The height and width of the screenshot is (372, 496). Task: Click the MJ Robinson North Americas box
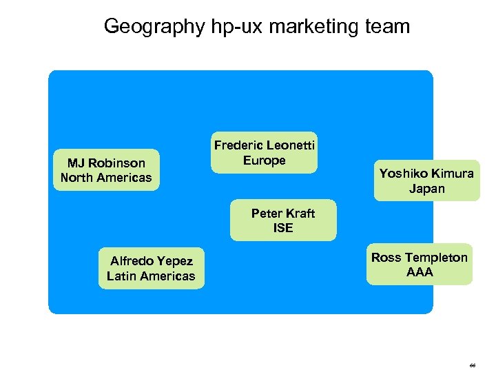106,170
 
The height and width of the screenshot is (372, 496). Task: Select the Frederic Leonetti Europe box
265,152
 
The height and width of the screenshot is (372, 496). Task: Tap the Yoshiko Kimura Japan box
426,180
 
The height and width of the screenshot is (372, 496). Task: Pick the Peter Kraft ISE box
283,220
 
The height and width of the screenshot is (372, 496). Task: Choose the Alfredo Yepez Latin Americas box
151,269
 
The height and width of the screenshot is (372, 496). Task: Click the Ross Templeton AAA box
419,265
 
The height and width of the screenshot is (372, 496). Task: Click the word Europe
265,161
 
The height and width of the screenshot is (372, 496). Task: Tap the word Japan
427,189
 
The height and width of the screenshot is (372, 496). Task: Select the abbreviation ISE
283,228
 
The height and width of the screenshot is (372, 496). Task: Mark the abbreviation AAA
420,272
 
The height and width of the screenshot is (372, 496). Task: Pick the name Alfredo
132,261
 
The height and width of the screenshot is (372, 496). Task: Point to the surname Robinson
116,163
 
